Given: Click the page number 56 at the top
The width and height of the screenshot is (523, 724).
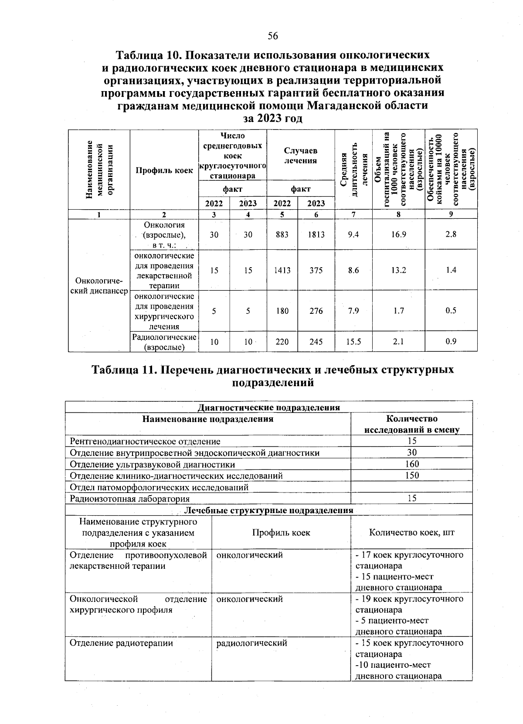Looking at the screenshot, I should (273, 36).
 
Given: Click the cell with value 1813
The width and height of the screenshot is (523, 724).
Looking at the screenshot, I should (316, 235).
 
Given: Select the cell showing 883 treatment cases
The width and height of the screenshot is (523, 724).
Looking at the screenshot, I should (282, 235).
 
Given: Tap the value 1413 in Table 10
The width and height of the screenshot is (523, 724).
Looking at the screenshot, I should (282, 270).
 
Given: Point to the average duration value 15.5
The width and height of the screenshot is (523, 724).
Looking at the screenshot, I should (353, 342).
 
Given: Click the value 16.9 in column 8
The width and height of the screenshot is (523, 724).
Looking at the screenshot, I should (398, 235).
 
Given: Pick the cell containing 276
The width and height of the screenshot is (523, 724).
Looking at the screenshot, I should (316, 311).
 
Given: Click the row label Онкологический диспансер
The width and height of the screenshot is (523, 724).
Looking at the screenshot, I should (99, 286).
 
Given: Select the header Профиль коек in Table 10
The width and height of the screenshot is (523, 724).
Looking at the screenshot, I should (164, 170).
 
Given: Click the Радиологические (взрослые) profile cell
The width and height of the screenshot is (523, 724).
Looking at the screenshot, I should (164, 342).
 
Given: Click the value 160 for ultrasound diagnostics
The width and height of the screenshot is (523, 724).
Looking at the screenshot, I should (412, 464).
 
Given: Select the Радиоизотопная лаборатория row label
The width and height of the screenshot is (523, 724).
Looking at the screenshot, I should (130, 499).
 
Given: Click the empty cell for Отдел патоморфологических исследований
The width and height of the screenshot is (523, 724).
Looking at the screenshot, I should (412, 487).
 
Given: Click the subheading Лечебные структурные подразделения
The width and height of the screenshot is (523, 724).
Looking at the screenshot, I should (269, 510).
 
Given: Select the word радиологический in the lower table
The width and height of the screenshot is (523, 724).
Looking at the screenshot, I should (251, 643).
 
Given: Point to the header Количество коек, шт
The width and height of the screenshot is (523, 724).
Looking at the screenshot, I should (412, 532).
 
